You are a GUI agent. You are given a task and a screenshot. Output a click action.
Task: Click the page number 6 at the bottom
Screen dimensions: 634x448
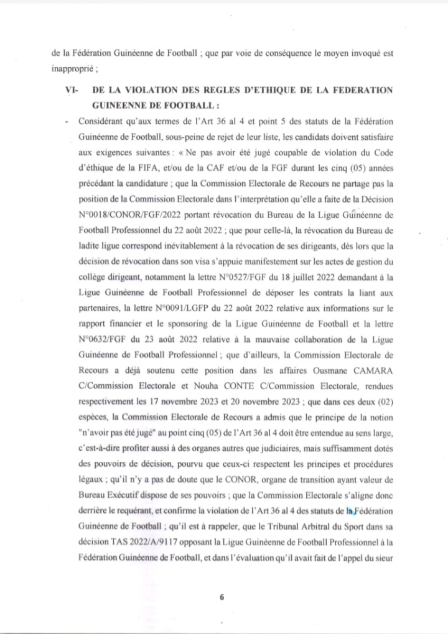(x=222, y=598)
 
